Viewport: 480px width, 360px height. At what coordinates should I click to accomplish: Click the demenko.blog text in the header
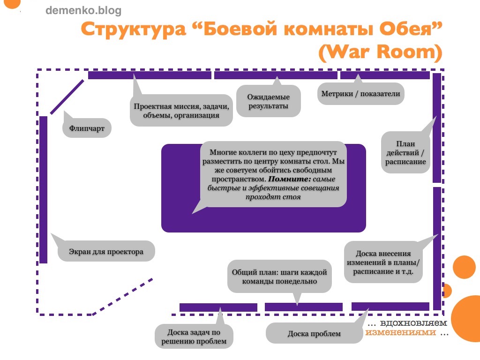pos(83,10)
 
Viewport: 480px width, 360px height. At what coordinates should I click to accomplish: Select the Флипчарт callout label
pos(87,127)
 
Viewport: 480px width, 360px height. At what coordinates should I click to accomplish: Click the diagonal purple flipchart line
pos(67,97)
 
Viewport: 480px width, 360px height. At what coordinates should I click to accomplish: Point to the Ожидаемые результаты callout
pos(269,102)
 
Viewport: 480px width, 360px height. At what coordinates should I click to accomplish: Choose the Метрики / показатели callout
pos(360,94)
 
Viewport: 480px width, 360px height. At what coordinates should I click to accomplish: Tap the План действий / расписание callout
pos(405,153)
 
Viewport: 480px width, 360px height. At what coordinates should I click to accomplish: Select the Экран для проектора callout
pos(106,252)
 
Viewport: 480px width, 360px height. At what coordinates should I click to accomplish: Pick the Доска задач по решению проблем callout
pos(194,337)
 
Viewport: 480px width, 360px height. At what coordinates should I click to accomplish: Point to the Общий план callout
pos(279,277)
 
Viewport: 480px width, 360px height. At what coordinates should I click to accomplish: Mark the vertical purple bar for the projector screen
pos(44,189)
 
